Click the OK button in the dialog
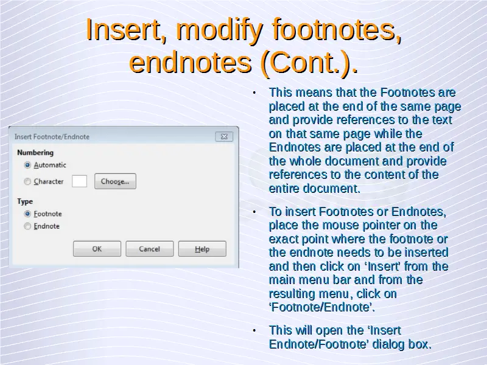point(97,249)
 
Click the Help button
point(202,249)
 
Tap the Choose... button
point(115,181)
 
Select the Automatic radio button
point(27,165)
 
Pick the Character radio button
point(27,181)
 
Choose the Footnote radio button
point(27,214)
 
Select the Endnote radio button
point(27,226)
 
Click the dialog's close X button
point(224,136)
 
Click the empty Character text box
point(80,181)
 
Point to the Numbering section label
point(35,153)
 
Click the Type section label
point(25,201)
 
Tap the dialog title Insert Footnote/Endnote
point(52,137)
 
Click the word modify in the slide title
point(220,30)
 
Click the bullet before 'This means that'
point(254,93)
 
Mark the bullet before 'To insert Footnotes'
point(254,212)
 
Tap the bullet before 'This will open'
point(254,331)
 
